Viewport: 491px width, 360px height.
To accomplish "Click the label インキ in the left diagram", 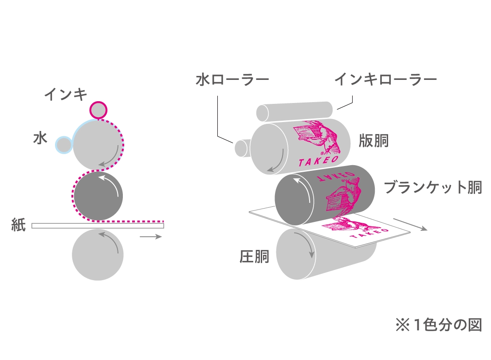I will (66, 95).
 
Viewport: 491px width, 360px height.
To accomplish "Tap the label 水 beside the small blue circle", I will (40, 138).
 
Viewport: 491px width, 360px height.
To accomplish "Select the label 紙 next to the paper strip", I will (19, 225).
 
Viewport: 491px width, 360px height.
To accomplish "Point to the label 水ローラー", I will (232, 80).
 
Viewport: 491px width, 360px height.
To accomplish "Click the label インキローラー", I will (385, 80).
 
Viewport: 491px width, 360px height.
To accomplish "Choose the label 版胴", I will (374, 141).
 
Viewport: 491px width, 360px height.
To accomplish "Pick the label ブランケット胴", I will (432, 187).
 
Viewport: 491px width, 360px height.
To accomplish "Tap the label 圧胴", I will (255, 256).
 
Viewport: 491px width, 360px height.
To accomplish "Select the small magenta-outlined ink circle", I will (98, 110).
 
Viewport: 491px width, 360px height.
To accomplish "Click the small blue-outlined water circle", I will (64, 145).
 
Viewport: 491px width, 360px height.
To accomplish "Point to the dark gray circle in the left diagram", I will (98, 196).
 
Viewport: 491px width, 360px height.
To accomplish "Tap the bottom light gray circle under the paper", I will (98, 255).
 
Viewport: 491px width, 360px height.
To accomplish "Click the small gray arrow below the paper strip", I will (151, 237).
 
